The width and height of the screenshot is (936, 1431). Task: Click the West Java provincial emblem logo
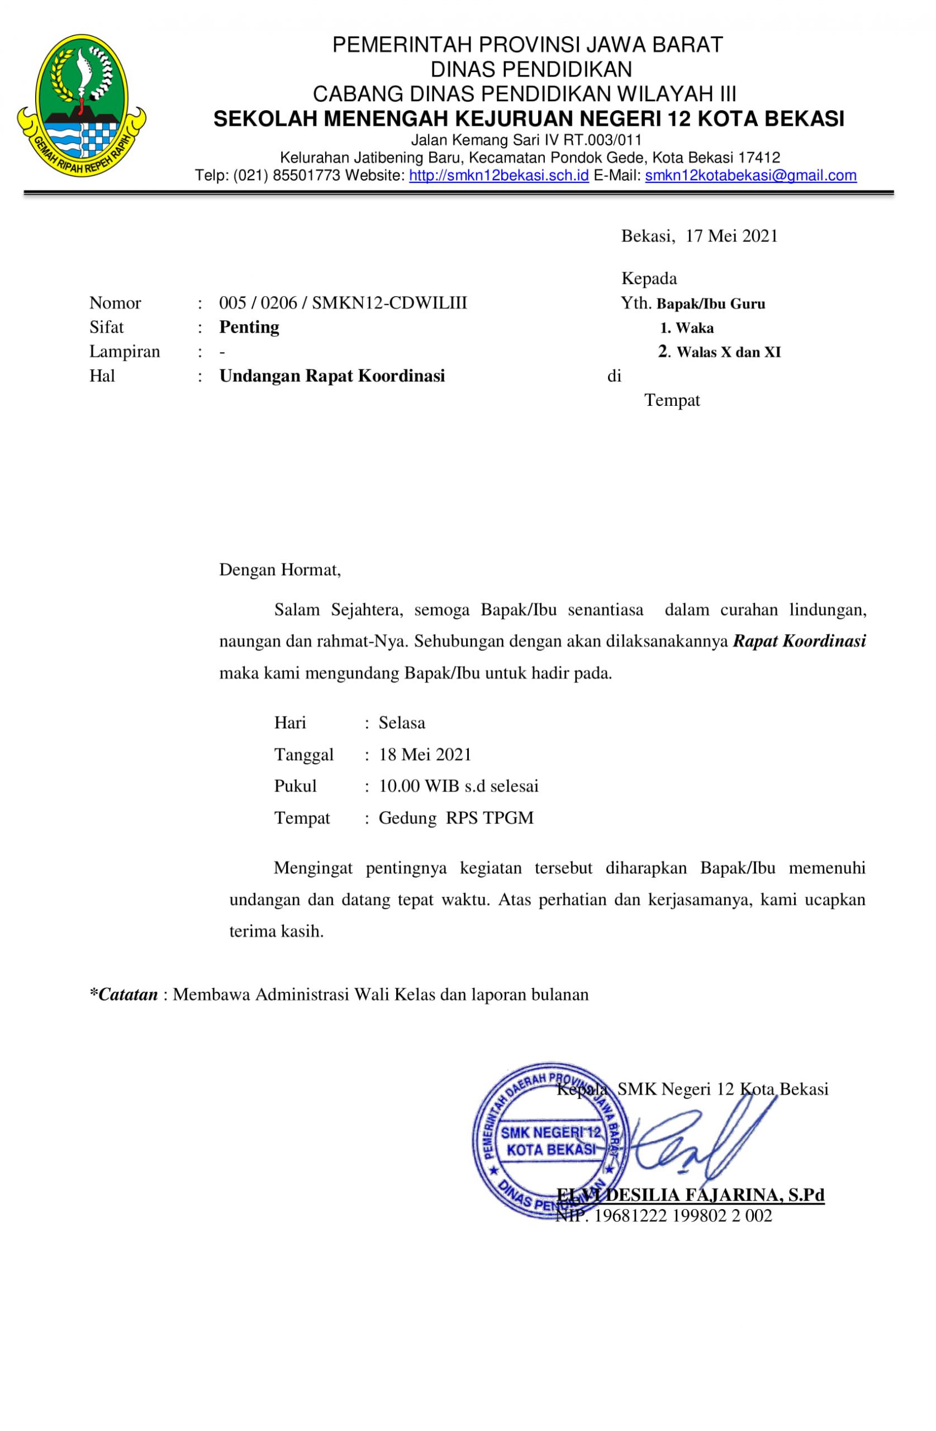pyautogui.click(x=81, y=105)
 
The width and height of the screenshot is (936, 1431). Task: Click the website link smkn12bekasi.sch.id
pyautogui.click(x=498, y=176)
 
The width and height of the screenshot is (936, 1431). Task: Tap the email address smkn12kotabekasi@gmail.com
pyautogui.click(x=750, y=176)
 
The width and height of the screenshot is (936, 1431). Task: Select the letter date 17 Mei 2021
pyautogui.click(x=731, y=236)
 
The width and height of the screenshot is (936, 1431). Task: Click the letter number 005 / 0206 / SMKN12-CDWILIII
pyautogui.click(x=343, y=302)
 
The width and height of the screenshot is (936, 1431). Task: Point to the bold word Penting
pyautogui.click(x=249, y=327)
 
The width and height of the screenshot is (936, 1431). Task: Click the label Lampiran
pyautogui.click(x=125, y=351)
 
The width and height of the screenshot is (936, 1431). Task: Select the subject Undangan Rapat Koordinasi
pyautogui.click(x=332, y=376)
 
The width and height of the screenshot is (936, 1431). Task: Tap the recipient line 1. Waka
pyautogui.click(x=687, y=328)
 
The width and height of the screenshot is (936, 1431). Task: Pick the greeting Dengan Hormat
pyautogui.click(x=279, y=570)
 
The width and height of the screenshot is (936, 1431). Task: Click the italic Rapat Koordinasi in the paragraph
pyautogui.click(x=799, y=641)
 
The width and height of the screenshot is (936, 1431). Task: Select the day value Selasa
pyautogui.click(x=402, y=722)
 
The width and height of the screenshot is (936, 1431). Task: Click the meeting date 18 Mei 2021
pyautogui.click(x=425, y=754)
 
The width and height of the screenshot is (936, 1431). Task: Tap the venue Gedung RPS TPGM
pyautogui.click(x=455, y=818)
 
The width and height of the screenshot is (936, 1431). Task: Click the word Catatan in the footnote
pyautogui.click(x=127, y=994)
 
